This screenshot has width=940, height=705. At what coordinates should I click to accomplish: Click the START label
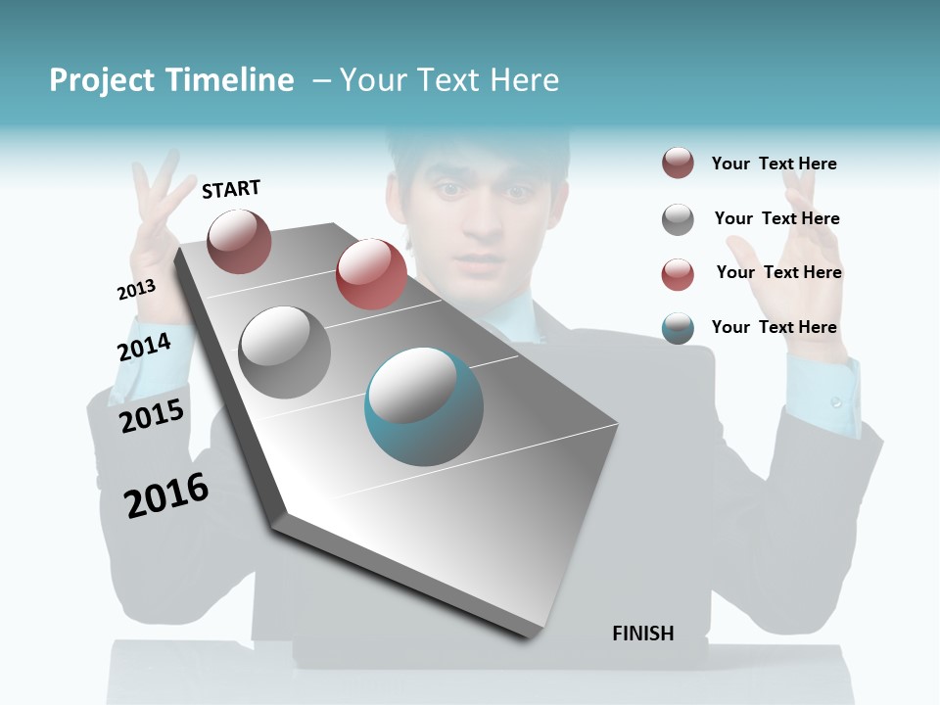(x=231, y=189)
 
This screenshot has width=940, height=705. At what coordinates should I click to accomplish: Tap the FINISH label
(x=643, y=634)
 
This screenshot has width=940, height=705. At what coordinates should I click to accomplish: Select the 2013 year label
(x=136, y=290)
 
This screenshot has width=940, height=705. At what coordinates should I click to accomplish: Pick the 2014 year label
(x=144, y=347)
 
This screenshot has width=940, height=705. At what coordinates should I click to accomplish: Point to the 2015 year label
(x=152, y=416)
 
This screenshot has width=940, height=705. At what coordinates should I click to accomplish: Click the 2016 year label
(x=166, y=495)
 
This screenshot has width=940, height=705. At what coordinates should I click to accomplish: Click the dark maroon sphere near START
(x=239, y=241)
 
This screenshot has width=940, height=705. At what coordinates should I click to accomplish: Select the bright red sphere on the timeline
(x=371, y=274)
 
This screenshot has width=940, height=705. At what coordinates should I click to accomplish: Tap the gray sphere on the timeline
(x=285, y=352)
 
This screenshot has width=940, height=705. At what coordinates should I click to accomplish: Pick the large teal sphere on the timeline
(x=424, y=406)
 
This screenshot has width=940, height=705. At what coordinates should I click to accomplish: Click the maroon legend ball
(x=678, y=164)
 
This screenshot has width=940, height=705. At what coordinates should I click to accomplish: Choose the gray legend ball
(x=678, y=218)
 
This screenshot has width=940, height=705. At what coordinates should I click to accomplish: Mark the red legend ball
(x=678, y=273)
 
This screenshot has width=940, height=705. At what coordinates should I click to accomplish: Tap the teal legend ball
(x=678, y=328)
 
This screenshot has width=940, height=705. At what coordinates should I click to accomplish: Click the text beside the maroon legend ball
(x=774, y=164)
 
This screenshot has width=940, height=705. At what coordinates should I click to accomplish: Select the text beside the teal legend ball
(x=774, y=327)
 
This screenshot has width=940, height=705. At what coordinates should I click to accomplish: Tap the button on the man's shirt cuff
(x=835, y=402)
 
